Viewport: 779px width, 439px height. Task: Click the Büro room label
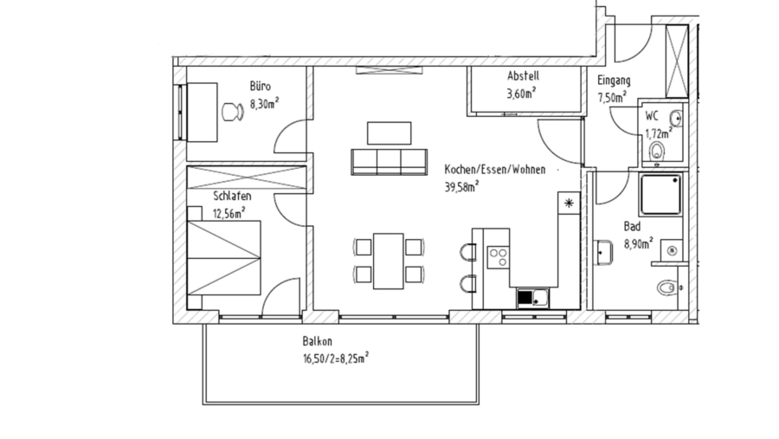260,87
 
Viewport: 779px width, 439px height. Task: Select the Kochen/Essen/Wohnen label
494,170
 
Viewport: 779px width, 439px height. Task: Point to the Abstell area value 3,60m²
520,93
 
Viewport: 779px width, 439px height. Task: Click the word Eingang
614,81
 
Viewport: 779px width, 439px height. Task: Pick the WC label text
652,115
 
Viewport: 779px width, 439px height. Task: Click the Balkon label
317,341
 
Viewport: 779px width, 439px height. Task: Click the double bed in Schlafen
225,258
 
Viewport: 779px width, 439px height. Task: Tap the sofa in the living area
389,160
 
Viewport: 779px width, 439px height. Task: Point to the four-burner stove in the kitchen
498,257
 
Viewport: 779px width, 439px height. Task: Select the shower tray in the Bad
661,194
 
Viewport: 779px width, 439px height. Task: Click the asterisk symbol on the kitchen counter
569,203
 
